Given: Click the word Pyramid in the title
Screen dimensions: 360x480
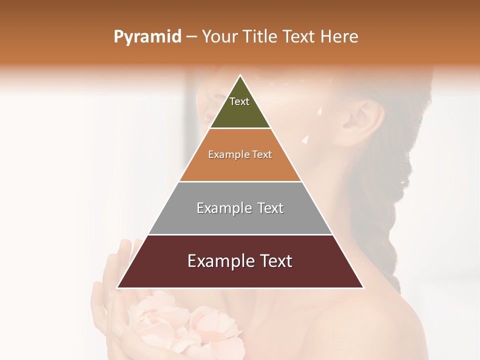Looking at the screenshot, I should (147, 37).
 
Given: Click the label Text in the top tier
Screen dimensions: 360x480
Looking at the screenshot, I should (239, 101).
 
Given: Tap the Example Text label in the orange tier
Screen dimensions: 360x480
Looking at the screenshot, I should (240, 154).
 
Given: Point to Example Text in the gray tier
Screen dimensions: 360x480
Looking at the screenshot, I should (240, 208).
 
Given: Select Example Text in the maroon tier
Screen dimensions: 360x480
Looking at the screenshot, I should (240, 261).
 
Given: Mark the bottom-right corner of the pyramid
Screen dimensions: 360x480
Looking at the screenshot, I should (363, 287).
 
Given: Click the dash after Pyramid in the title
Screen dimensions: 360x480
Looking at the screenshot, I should (191, 37).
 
